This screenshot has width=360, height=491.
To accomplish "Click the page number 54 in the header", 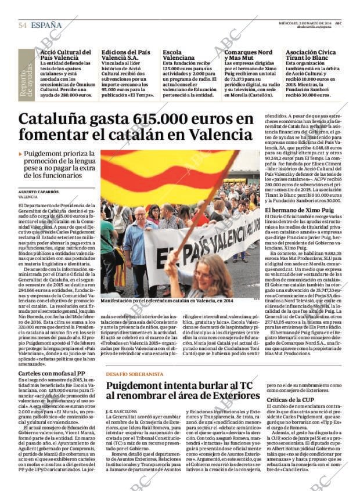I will [x=23, y=25].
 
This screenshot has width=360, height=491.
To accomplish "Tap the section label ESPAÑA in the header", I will [x=46, y=25].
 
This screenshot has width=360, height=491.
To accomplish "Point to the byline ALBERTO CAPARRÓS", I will [x=38, y=191].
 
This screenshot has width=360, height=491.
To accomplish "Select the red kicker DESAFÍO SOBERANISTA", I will [x=135, y=374].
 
